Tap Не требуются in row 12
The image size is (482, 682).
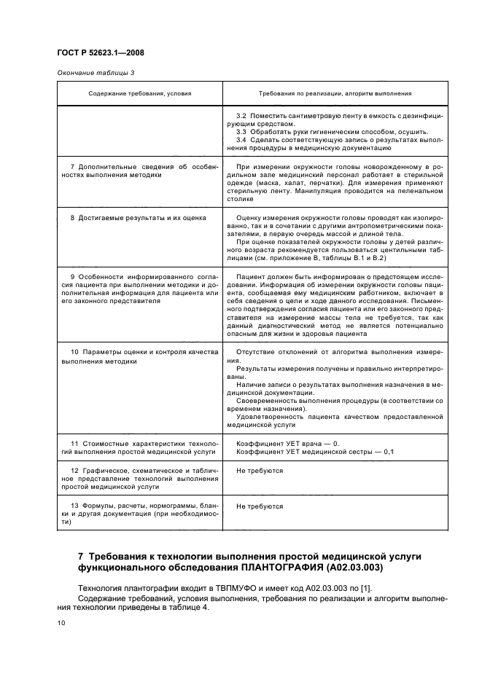(259, 471)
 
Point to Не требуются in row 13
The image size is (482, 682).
(259, 506)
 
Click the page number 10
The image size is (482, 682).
(61, 623)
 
